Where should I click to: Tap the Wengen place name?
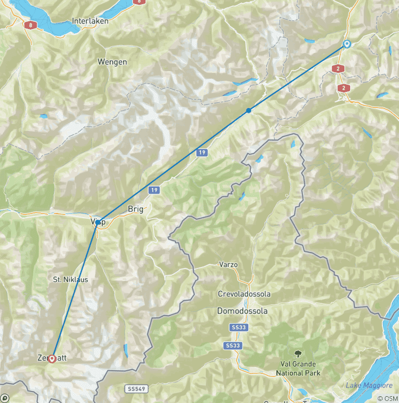(112, 62)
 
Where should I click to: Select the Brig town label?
(135, 209)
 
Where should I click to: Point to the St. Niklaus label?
(71, 279)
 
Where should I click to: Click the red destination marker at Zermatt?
(51, 358)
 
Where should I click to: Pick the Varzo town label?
(228, 264)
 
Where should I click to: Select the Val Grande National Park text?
(298, 369)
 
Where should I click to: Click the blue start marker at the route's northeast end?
(347, 45)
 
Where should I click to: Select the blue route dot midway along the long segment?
(249, 110)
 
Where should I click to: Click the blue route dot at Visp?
(98, 222)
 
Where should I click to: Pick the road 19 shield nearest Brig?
(154, 191)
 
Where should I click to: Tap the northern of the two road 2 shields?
(338, 69)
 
